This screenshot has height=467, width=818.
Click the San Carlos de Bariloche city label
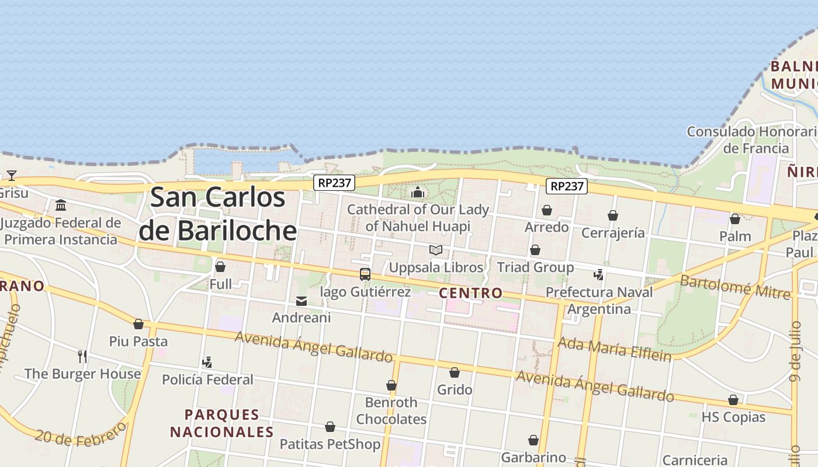217,214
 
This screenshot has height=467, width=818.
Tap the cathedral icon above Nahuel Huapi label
418,192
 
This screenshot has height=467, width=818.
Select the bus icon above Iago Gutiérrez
365,274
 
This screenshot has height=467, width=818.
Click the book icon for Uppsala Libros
436,250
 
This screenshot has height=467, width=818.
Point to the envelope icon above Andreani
301,301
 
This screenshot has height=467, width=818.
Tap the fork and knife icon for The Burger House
82,356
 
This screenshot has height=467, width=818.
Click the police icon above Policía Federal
207,363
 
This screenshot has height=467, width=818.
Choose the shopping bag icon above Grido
455,372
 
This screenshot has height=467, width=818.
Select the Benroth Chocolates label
391,410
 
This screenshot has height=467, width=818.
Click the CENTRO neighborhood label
470,293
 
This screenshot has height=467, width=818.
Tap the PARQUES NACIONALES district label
222,423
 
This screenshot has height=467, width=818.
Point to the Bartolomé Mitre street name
735,286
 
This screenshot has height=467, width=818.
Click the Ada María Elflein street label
615,348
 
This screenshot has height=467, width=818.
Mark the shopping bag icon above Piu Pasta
138,324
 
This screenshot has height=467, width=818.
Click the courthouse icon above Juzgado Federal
61,205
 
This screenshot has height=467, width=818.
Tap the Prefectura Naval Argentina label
599,300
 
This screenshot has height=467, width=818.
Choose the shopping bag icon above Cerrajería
613,216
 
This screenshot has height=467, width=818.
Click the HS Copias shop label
733,417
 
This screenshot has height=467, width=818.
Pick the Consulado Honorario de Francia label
753,140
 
